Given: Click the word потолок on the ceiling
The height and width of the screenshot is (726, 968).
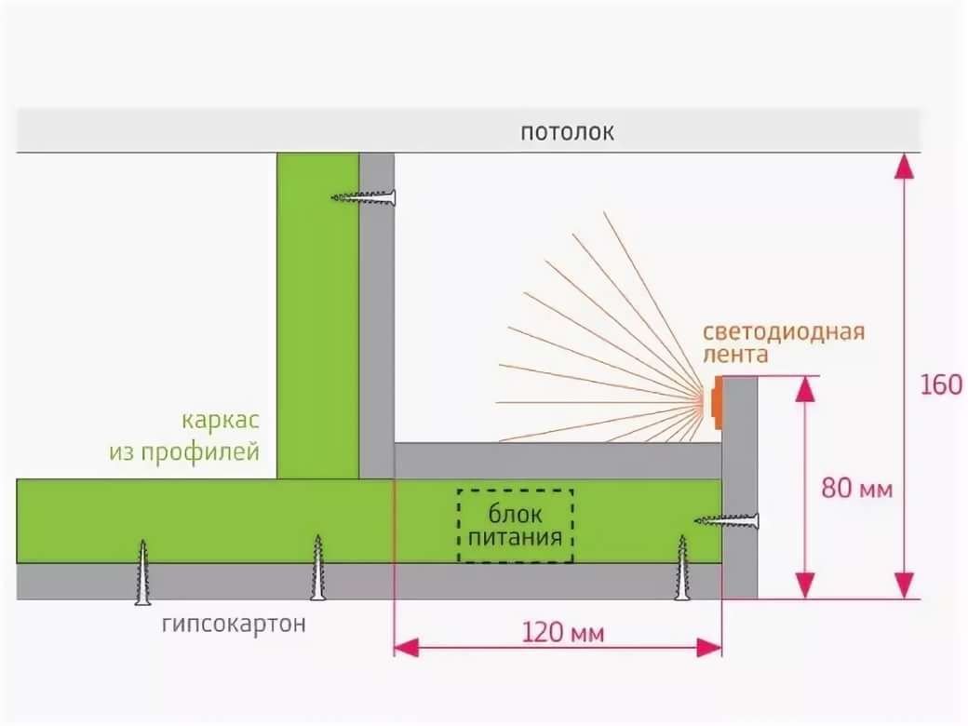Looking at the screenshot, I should click(567, 131).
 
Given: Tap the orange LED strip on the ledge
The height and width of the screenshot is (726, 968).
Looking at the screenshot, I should click(716, 402).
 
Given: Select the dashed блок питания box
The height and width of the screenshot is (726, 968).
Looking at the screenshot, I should click(515, 526).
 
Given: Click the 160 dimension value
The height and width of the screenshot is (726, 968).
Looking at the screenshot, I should click(940, 384).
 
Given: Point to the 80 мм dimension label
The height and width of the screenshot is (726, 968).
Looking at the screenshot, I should click(856, 488).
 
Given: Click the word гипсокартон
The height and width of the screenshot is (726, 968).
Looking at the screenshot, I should click(233, 624).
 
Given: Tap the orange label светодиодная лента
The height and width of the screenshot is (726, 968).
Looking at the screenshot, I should click(784, 343).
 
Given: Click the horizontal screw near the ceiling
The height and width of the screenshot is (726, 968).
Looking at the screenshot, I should click(365, 196).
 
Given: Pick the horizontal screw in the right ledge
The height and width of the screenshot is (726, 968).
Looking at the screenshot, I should click(728, 520).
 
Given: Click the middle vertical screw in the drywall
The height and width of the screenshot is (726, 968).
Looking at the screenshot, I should click(317, 567).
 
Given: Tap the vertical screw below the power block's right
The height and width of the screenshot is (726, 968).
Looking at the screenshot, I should click(682, 567).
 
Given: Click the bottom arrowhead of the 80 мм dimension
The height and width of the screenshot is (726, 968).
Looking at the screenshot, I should click(805, 586).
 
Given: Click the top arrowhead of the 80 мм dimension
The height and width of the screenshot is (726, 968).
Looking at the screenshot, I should click(805, 389).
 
